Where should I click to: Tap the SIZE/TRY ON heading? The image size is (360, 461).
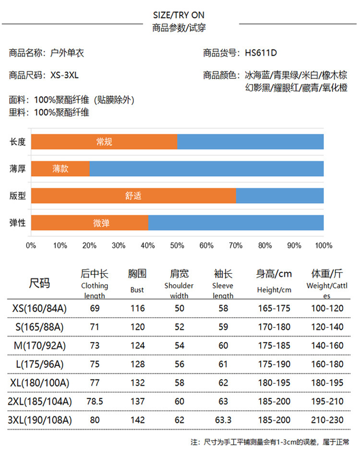coord(179,15)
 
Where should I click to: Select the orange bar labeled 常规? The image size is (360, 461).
coord(104,142)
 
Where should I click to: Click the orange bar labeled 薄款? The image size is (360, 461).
coord(60,169)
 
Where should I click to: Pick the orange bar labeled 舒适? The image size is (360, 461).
coord(133,195)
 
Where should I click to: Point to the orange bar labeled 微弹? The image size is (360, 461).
coord(90,223)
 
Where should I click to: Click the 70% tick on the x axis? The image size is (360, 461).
coord(236,245)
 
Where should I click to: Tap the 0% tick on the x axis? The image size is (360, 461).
coord(31,245)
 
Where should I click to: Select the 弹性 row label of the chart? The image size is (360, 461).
coord(18,223)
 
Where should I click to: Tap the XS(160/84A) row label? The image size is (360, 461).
coord(39,308)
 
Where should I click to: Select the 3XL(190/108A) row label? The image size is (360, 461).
coord(39,420)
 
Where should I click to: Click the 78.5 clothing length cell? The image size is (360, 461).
coord(95,401)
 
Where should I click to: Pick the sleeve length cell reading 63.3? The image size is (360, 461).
coord(223,420)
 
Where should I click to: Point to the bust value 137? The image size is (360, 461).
coord(137,401)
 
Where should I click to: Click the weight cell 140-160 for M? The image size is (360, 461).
coord(327,346)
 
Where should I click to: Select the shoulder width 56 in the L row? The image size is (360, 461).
coord(180,364)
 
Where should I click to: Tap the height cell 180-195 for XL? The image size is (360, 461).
coord(274,383)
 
